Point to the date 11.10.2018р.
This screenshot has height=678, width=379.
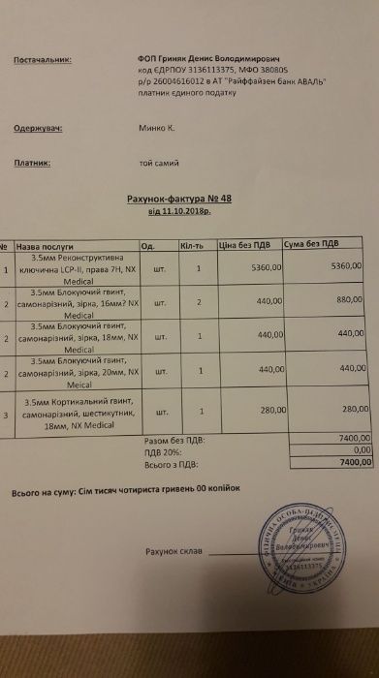pos(177,209)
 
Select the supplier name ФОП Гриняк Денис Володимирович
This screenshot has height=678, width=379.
pos(212,57)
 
